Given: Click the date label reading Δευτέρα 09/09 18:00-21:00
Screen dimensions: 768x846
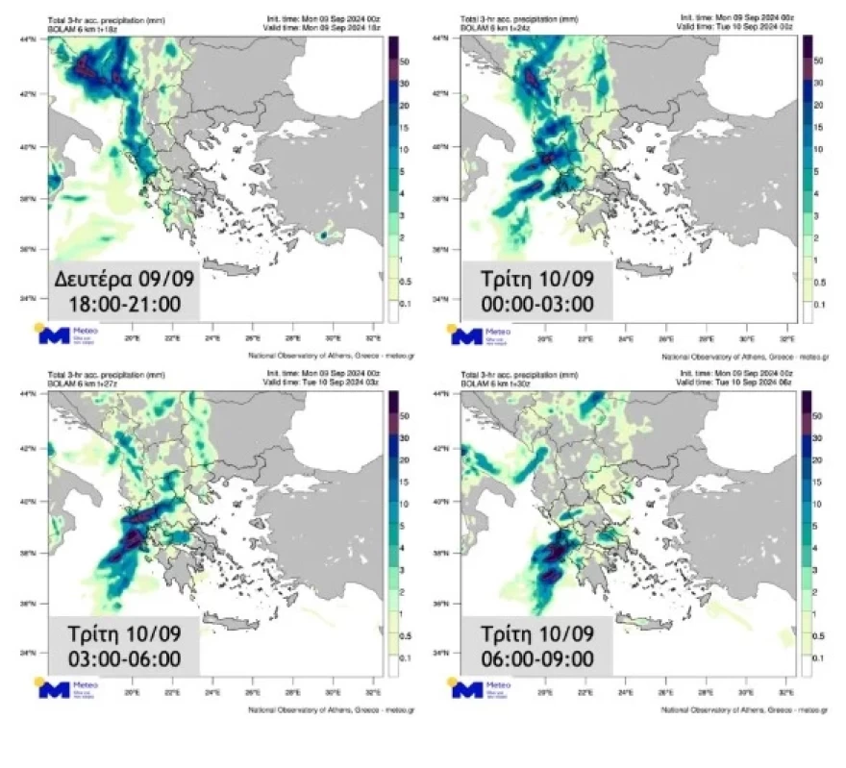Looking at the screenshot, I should coord(123,292).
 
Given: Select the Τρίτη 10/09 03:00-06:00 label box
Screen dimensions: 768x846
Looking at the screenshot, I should coord(123,646).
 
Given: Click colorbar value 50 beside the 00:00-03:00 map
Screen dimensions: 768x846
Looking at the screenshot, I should coord(819,61).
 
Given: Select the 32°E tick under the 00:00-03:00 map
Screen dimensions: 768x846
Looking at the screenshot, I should coord(785,338).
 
